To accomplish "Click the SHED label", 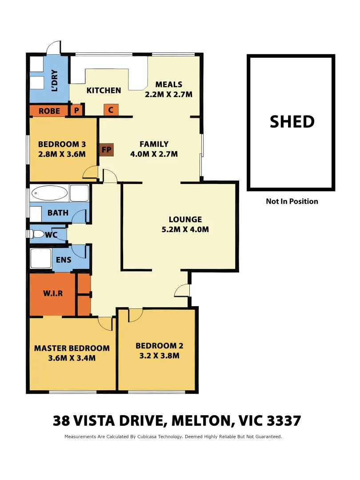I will click(x=292, y=122).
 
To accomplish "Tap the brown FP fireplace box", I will click(x=106, y=150).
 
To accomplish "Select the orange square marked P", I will click(x=76, y=110).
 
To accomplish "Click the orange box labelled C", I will click(x=111, y=110).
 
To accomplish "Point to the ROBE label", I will click(x=49, y=111).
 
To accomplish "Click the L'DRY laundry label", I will click(x=55, y=80).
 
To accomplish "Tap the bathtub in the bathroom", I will click(x=50, y=193).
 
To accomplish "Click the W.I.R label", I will click(x=52, y=294).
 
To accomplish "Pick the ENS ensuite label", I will click(x=64, y=259).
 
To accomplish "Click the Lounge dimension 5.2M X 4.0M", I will click(x=185, y=230).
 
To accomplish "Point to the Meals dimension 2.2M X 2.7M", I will click(x=168, y=94).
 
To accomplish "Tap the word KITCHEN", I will click(x=104, y=90).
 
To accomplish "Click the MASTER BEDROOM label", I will click(x=72, y=348).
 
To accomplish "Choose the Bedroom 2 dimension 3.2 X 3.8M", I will click(x=159, y=356).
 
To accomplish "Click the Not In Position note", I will click(x=292, y=201).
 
